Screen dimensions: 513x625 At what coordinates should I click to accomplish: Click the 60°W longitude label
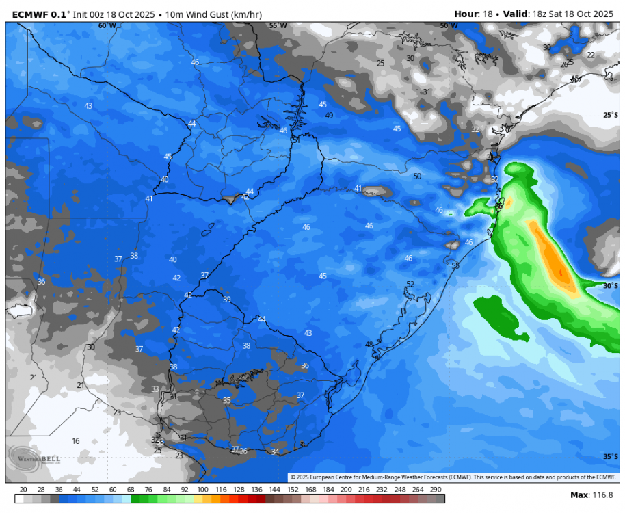click(107, 25)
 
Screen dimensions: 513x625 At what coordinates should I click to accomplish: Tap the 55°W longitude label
click(278, 25)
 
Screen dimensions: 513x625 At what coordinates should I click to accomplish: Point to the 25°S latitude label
click(611, 116)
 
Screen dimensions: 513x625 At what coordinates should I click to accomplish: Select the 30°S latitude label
click(611, 286)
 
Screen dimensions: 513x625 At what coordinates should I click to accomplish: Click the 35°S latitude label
click(611, 456)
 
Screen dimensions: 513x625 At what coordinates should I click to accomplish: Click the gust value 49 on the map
click(329, 116)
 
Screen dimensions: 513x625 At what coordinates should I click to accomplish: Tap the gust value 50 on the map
click(417, 176)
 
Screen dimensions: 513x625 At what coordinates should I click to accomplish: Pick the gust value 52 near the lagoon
click(410, 284)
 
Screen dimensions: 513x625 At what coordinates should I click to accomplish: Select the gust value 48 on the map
click(369, 344)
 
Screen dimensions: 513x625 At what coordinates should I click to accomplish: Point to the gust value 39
click(226, 300)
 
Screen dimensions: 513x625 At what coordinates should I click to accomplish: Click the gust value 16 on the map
click(76, 441)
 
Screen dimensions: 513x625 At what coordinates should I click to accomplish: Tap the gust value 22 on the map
click(591, 55)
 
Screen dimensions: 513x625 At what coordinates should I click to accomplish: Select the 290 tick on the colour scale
click(436, 490)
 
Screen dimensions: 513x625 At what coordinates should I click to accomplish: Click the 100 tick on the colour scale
click(202, 490)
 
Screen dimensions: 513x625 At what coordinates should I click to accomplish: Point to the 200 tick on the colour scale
click(346, 490)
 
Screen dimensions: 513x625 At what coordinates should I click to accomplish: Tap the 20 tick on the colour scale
click(23, 490)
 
